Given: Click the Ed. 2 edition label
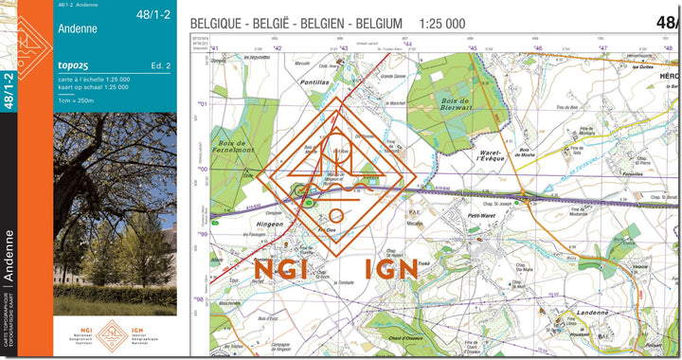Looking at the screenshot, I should tap(160, 65).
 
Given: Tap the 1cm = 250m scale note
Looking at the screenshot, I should tap(78, 99).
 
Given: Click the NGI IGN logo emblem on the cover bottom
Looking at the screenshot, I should tap(115, 334).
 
